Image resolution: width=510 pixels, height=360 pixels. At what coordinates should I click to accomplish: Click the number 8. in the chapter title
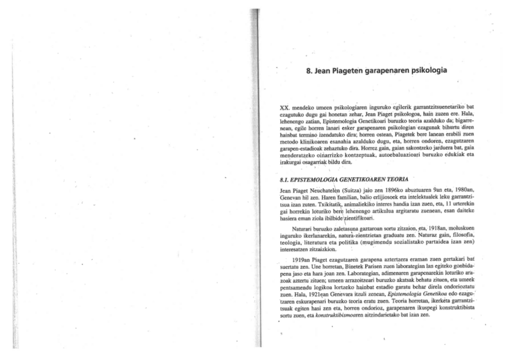pos(310,70)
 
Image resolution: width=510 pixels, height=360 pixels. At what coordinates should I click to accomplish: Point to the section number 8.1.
pos(286,178)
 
